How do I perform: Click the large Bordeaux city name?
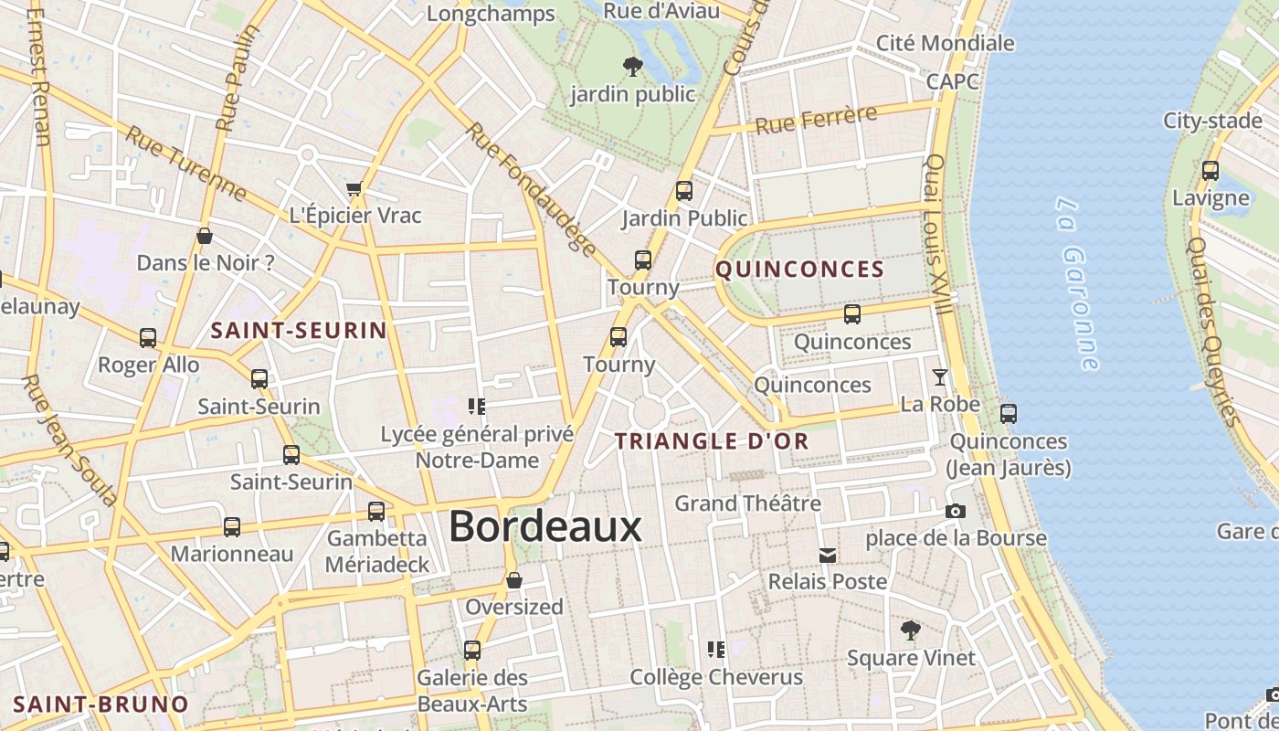point(544,527)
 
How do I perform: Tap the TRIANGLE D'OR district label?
point(712,441)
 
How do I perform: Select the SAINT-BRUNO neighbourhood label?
point(100,705)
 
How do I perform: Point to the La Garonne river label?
point(1077,283)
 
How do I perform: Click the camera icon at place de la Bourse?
point(956,511)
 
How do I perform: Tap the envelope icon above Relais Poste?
point(828,555)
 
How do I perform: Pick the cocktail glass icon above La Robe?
point(939,376)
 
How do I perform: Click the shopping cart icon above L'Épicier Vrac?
point(354,189)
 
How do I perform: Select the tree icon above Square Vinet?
point(910,630)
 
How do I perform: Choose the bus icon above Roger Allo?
point(148,338)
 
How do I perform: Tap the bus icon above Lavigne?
point(1210,170)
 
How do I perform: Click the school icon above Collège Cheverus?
point(716,650)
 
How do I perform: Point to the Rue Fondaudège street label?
point(530,188)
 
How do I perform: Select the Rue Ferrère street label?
point(816,120)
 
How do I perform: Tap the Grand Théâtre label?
point(747,503)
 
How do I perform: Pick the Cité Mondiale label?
point(945,43)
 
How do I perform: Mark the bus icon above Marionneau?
point(232,527)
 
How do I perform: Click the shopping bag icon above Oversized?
point(514,580)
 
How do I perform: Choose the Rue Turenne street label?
point(185,164)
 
